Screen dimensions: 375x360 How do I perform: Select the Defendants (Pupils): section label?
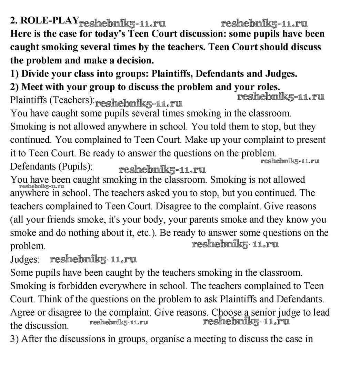click(x=51, y=166)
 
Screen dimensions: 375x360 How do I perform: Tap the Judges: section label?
click(x=25, y=259)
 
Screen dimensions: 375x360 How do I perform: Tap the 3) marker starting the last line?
click(x=14, y=339)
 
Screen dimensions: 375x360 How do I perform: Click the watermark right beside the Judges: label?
click(x=93, y=259)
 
